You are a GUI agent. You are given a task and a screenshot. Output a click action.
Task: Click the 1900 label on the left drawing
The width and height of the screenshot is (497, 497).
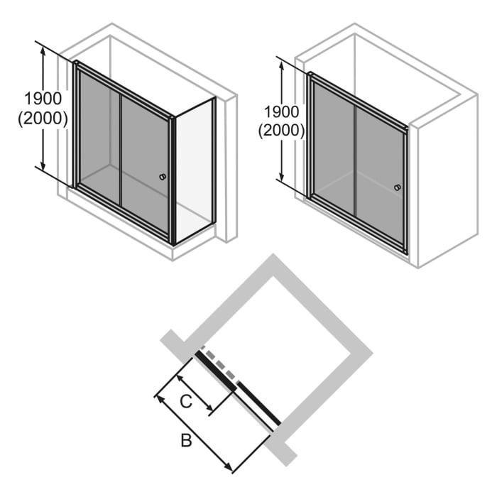(x=43, y=99)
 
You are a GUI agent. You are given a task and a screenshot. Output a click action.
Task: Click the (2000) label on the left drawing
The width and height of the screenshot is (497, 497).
(x=43, y=119)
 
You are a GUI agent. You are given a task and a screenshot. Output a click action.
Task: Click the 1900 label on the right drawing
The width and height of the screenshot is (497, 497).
(x=281, y=111)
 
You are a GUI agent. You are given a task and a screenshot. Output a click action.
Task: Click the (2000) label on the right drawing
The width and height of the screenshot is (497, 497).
(x=281, y=131)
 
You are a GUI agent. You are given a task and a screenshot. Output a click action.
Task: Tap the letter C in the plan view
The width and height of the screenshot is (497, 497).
(x=185, y=401)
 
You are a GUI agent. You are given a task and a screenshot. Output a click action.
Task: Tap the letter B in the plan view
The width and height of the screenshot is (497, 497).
(x=186, y=442)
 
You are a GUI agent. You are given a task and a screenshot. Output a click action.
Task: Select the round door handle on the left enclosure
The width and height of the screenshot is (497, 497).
(x=163, y=177)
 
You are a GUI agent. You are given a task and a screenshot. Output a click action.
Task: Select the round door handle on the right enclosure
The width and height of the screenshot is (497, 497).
(x=397, y=187)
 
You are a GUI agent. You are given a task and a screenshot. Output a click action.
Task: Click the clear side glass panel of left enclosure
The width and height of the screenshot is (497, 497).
(x=193, y=170)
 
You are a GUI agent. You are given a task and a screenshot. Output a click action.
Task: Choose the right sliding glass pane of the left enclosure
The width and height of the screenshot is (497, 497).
(x=145, y=163)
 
